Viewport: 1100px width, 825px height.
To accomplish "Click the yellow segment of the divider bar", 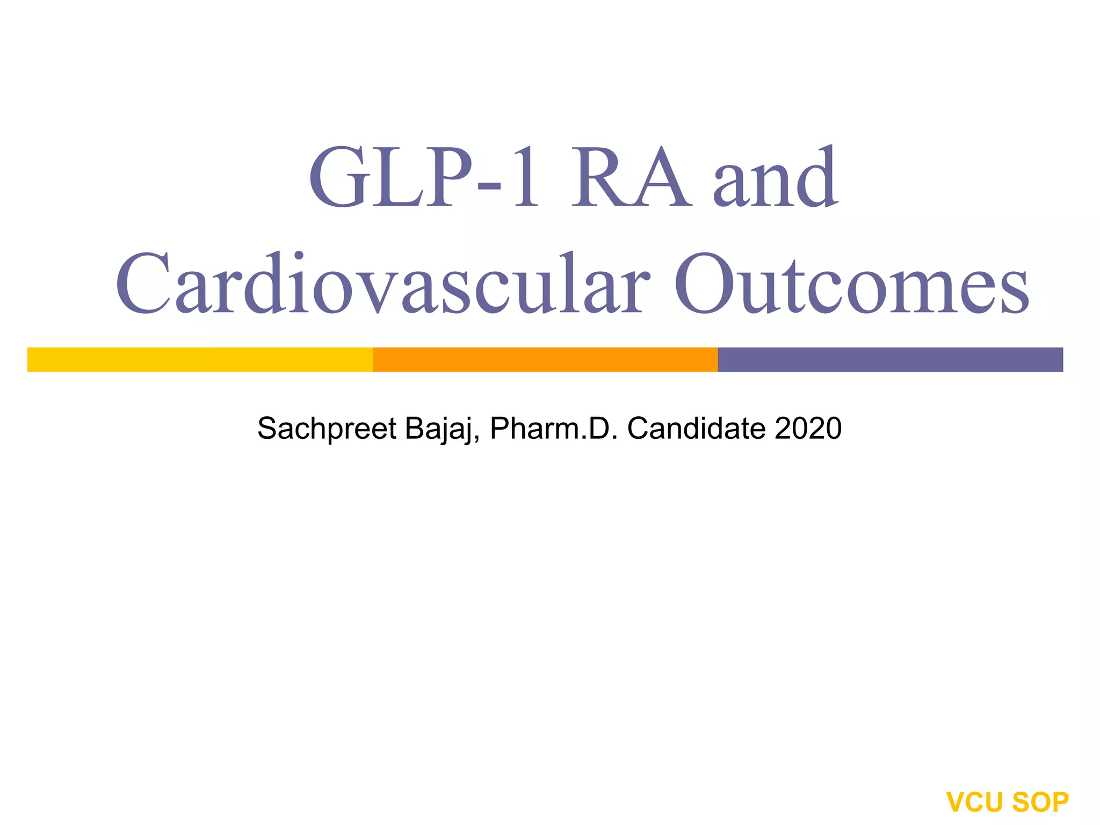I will pyautogui.click(x=200, y=359).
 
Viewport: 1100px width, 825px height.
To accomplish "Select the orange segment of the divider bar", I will pyautogui.click(x=545, y=359).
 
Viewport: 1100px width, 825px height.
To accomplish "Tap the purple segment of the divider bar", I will pyautogui.click(x=890, y=359).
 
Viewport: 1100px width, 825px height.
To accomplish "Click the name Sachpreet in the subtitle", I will pyautogui.click(x=327, y=429).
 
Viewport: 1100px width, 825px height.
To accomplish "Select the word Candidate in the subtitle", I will pyautogui.click(x=697, y=428).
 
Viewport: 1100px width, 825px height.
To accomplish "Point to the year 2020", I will pyautogui.click(x=808, y=428).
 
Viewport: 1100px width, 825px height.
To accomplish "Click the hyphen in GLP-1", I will pyautogui.click(x=489, y=185).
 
